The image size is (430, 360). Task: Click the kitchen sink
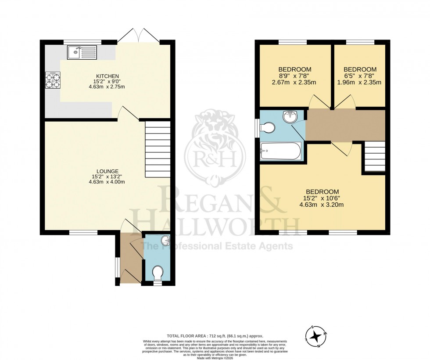82,53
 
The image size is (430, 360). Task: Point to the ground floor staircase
158,149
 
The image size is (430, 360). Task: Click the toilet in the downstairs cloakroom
158,274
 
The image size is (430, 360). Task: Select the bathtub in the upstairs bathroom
281,151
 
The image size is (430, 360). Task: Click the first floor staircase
375,156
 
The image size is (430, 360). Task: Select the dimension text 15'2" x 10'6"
322,198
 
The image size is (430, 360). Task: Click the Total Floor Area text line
215,336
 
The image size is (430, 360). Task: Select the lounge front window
83,232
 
